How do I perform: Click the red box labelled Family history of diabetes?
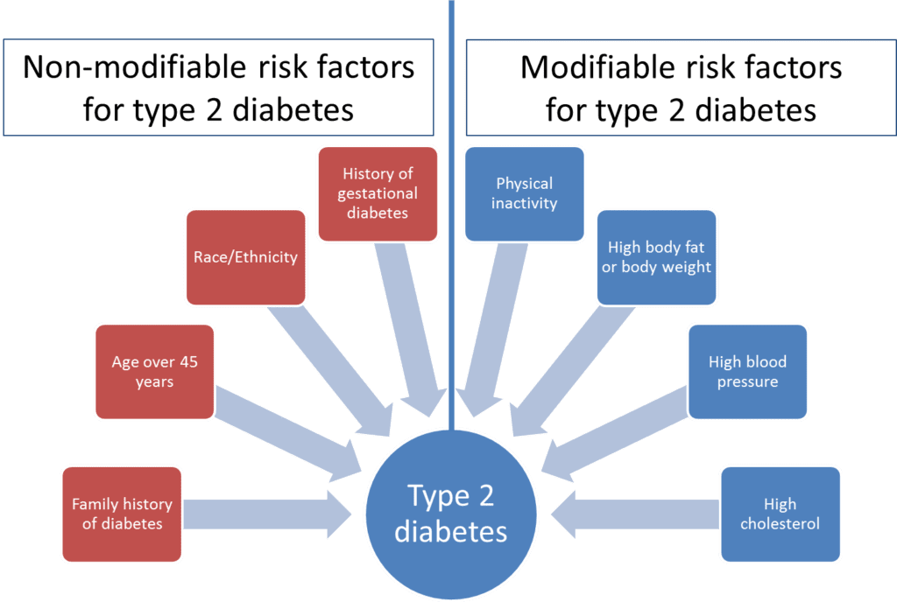pyautogui.click(x=122, y=514)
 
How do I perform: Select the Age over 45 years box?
pyautogui.click(x=154, y=372)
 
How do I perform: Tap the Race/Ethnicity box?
pyautogui.click(x=246, y=257)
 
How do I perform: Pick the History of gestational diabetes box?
pyautogui.click(x=378, y=193)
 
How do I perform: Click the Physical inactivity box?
pyautogui.click(x=525, y=193)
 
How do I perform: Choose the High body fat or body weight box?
pyautogui.click(x=656, y=257)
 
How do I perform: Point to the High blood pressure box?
pyautogui.click(x=748, y=372)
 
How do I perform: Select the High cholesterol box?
pyautogui.click(x=780, y=514)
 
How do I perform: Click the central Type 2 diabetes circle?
pyautogui.click(x=451, y=514)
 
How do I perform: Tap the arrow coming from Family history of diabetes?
pyautogui.click(x=266, y=514)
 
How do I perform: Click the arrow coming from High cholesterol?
pyautogui.click(x=635, y=514)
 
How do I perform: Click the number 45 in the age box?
pyautogui.click(x=189, y=361)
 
